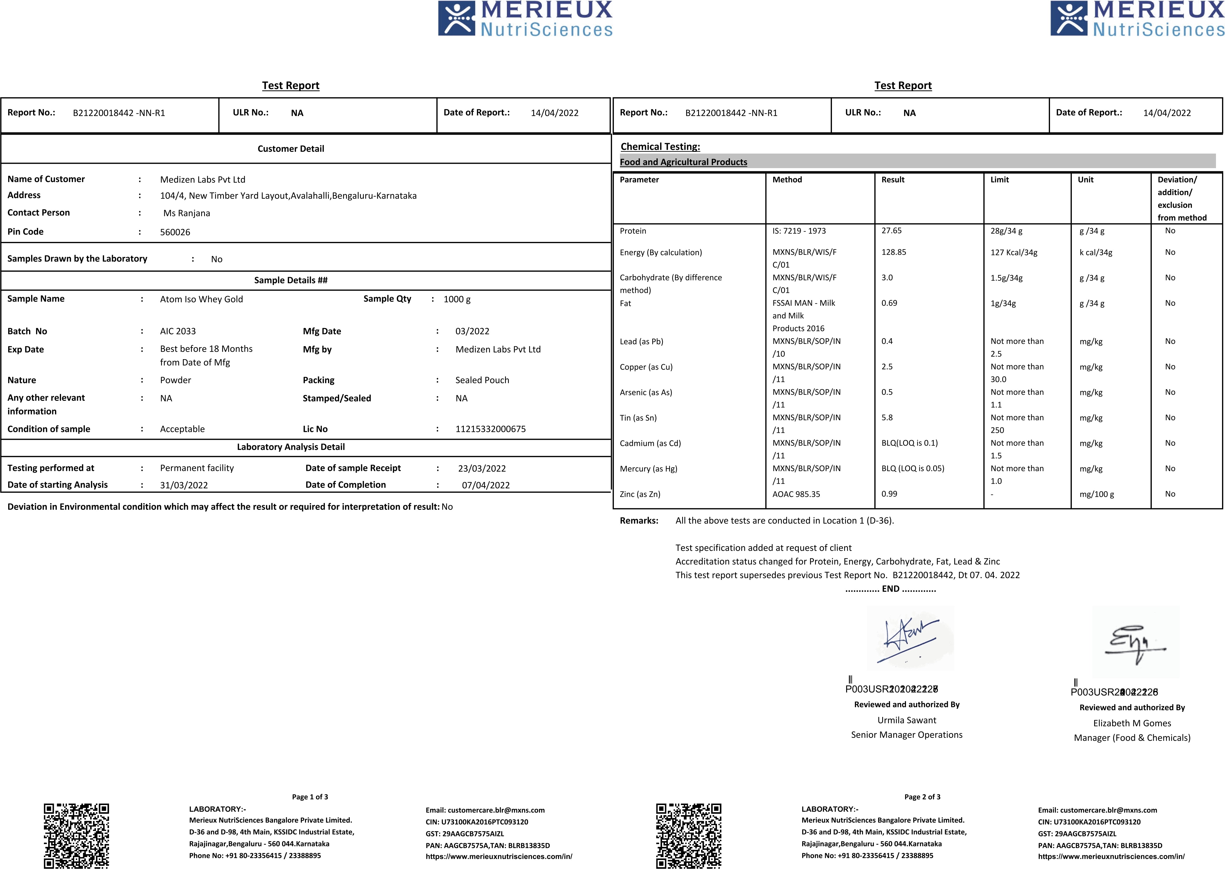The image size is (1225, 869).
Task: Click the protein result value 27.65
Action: (891, 231)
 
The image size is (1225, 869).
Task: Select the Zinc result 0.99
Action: (889, 494)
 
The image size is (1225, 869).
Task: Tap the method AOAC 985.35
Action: (796, 494)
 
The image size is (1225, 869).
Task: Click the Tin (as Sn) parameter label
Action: (638, 418)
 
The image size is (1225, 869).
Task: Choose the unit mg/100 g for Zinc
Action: (1096, 494)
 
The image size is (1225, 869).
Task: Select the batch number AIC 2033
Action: (178, 331)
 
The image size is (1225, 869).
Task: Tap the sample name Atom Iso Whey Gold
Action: (201, 299)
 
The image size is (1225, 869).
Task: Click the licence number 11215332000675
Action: (491, 429)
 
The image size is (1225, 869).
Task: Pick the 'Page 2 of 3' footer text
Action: (922, 797)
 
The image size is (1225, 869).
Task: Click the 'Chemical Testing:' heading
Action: (660, 147)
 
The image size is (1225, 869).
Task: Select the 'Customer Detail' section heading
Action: (290, 149)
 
